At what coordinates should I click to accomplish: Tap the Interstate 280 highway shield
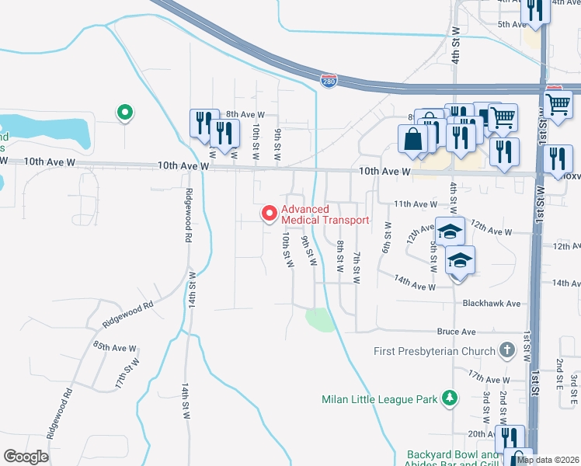tap(329, 81)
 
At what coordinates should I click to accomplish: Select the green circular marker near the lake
tap(124, 113)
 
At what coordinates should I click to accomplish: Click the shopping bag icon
tap(413, 140)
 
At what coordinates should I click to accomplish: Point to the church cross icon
tap(507, 351)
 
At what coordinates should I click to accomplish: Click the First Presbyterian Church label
tap(435, 351)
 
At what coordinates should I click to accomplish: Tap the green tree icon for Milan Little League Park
tap(449, 399)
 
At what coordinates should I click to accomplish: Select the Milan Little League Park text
tap(380, 400)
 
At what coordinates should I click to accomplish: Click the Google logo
tap(26, 456)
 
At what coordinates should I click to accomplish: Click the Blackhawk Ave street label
tap(491, 304)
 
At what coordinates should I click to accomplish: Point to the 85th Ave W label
tap(114, 347)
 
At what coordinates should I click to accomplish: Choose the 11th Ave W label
tap(416, 203)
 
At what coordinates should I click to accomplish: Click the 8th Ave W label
tap(241, 114)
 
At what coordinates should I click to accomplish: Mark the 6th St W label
tap(385, 236)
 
